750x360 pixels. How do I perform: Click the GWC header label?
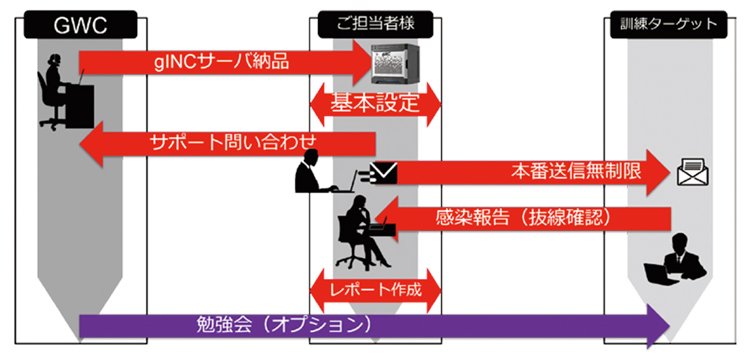tap(80, 25)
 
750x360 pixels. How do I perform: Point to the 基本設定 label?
tap(375, 103)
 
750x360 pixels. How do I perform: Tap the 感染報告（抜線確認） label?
tap(523, 218)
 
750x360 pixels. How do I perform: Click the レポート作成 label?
tap(376, 290)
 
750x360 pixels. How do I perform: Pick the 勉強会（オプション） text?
tap(284, 325)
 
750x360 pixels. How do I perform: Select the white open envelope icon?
tap(693, 172)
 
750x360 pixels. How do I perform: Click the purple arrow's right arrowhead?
tap(658, 326)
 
